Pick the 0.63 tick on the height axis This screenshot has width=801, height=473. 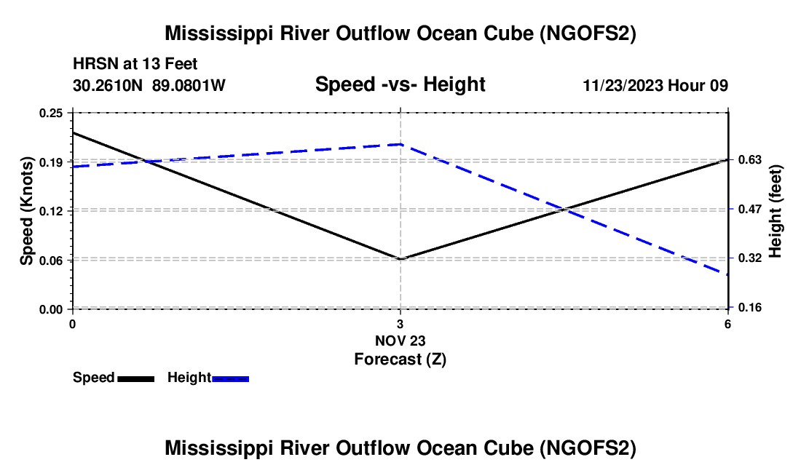click(747, 160)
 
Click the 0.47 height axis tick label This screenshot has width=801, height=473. click(747, 209)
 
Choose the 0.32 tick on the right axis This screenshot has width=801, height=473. click(747, 258)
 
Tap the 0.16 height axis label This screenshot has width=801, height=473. click(747, 308)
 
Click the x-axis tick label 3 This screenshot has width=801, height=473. click(400, 324)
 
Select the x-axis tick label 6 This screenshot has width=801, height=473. click(727, 324)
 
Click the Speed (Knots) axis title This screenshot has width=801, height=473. click(27, 211)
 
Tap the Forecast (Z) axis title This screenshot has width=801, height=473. click(400, 359)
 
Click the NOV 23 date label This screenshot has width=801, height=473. click(400, 341)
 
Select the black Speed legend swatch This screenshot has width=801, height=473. click(135, 378)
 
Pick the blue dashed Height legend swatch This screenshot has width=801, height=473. click(230, 378)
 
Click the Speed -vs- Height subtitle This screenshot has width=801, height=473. click(400, 84)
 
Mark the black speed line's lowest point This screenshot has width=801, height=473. click(400, 259)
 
